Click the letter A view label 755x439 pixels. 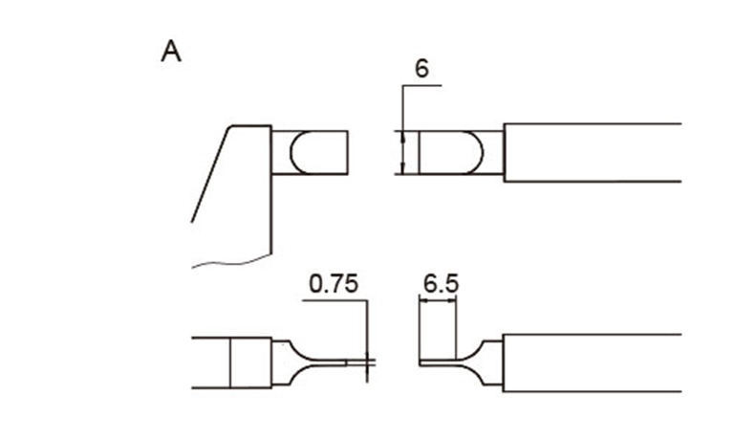tap(171, 52)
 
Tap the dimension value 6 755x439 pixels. tap(421, 69)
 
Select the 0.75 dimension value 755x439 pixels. tap(334, 284)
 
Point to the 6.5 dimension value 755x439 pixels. tap(442, 284)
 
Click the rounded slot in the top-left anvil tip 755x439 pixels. tap(291, 152)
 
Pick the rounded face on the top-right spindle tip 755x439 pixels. tap(482, 152)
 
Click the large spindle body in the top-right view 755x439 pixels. tap(593, 152)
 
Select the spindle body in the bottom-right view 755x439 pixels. tap(593, 362)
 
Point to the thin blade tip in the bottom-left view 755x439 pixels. tap(356, 362)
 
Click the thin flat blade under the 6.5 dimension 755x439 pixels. tap(437, 362)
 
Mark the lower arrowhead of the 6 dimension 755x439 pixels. tap(403, 168)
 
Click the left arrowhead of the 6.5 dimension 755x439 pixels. tap(424, 300)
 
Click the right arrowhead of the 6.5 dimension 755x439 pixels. tap(451, 300)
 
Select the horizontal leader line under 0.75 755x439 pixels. tap(335, 300)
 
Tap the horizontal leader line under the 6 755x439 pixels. tap(422, 86)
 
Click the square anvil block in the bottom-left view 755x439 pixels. tap(250, 362)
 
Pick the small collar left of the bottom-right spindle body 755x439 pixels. tap(493, 362)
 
